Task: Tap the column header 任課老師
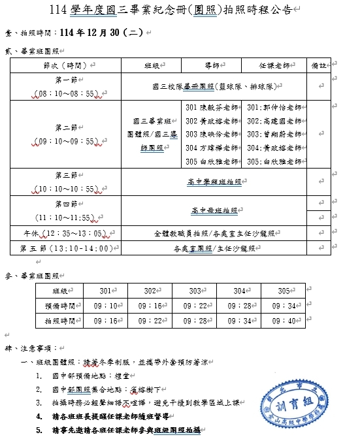pos(274,65)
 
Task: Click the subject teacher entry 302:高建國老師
pos(274,121)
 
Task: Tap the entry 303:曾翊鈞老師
pos(274,134)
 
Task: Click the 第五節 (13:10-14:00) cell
pos(68,248)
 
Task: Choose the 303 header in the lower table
pos(195,290)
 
